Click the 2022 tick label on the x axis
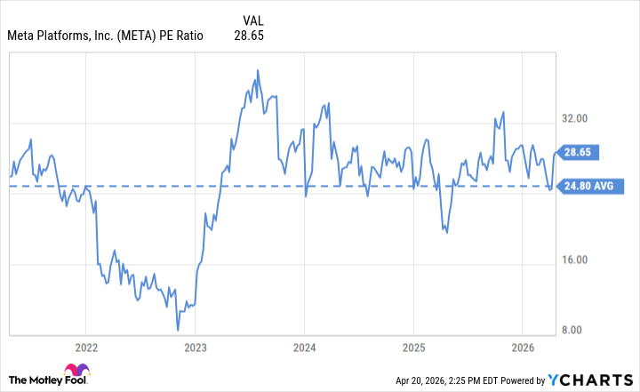[x=86, y=347]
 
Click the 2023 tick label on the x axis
[x=196, y=347]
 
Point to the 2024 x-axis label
[x=305, y=347]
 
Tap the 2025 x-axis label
[x=414, y=347]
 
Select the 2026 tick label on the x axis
[x=523, y=347]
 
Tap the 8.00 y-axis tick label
[x=579, y=330]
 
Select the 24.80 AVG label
[x=588, y=187]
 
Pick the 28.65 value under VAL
[x=250, y=36]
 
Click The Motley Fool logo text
[x=36, y=378]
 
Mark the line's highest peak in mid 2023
[x=257, y=69]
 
